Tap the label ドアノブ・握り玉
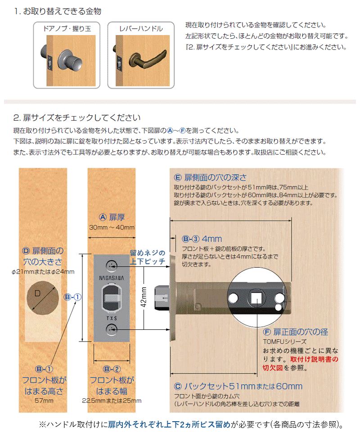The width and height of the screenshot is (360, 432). point(67,29)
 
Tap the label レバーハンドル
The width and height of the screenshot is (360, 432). point(141,29)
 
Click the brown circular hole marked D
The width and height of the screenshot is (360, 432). point(43,297)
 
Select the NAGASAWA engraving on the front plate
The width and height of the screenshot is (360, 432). point(112,278)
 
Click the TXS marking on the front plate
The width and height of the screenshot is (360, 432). point(112,318)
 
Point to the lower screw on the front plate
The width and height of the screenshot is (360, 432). point(112,329)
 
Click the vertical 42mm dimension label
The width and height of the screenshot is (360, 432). point(144,297)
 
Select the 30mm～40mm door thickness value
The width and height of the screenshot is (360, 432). point(112,228)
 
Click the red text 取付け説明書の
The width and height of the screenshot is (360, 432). point(314,359)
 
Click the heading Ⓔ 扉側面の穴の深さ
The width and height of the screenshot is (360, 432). point(210,177)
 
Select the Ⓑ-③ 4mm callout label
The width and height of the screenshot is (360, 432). point(202,238)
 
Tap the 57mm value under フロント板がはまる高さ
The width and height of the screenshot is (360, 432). point(44,400)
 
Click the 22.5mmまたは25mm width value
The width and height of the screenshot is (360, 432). point(112,400)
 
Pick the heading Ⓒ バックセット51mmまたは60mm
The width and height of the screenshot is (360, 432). point(238,386)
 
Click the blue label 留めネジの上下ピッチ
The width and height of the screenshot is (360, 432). point(148,257)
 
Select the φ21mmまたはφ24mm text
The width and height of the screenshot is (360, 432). point(43,272)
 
